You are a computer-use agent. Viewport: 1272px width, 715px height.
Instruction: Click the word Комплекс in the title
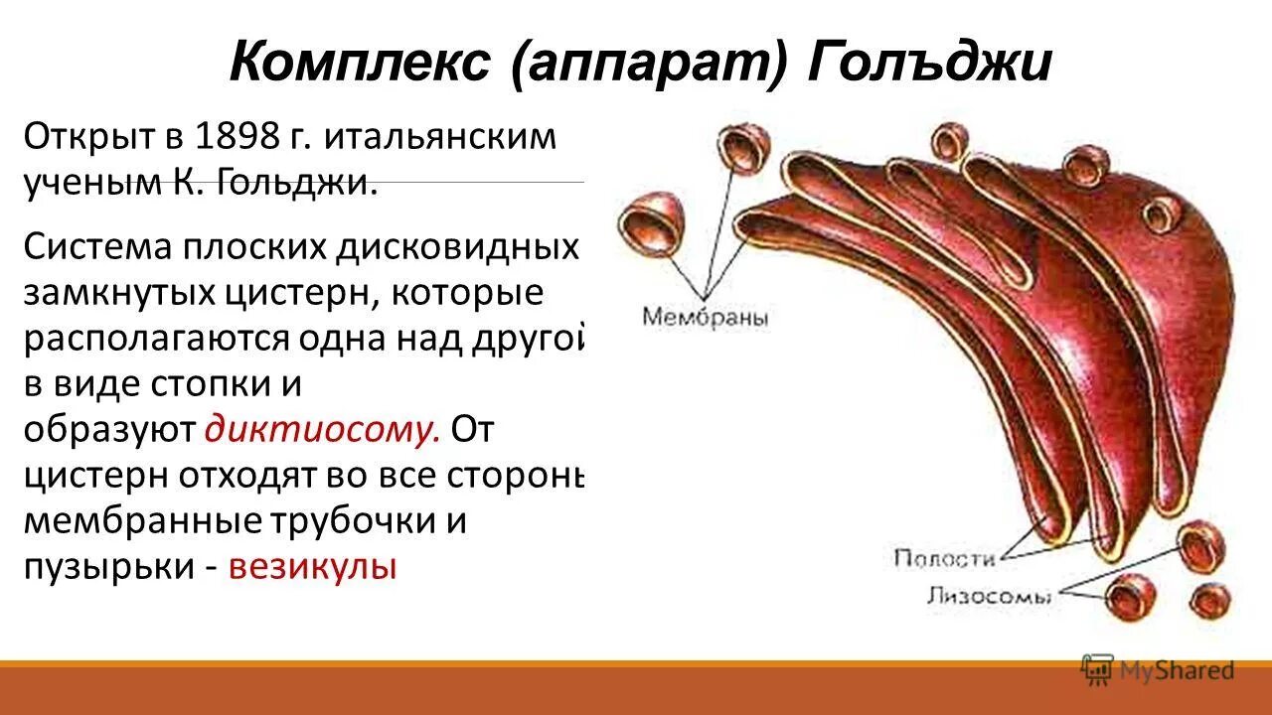(x=360, y=65)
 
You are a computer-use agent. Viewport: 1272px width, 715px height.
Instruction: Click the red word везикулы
(x=313, y=567)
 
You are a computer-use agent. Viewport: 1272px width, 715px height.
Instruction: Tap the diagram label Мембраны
(x=706, y=318)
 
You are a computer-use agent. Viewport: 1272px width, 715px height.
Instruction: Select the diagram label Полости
(x=944, y=558)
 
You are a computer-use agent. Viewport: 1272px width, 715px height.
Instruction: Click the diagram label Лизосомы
(x=990, y=597)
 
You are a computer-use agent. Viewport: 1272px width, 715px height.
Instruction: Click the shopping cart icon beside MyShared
(x=1097, y=669)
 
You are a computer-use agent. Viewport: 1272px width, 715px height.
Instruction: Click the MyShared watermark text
(x=1177, y=671)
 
